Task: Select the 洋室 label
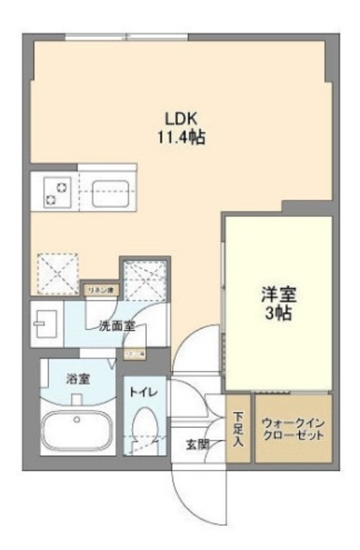click(278, 295)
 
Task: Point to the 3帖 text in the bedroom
click(278, 313)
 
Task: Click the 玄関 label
click(197, 445)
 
